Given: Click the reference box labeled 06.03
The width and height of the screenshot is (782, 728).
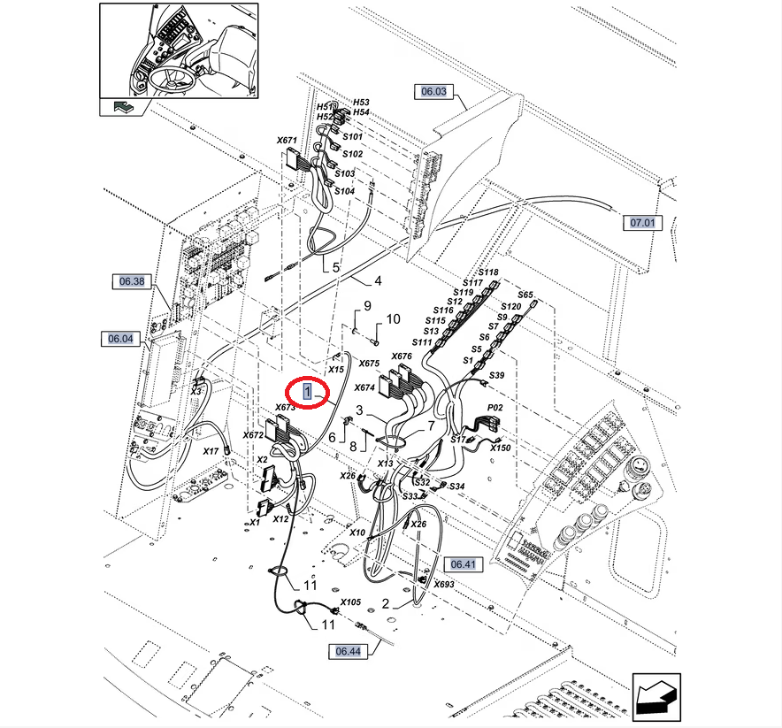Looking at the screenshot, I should click(433, 91).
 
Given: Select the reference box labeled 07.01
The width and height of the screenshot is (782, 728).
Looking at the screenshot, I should click(643, 222).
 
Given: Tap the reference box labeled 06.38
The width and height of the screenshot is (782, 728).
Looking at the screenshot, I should click(132, 282).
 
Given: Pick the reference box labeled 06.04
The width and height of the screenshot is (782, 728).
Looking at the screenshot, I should click(119, 338).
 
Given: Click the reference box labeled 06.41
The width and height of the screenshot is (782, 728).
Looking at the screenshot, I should click(464, 563).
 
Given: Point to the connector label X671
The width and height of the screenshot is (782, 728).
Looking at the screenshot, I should click(287, 141).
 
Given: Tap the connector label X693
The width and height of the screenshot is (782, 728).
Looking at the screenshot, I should click(444, 585).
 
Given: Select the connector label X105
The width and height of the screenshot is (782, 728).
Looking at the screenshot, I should click(351, 602).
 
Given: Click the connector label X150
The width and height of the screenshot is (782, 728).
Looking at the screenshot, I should click(501, 448).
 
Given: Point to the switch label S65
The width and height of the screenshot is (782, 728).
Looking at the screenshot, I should click(525, 295).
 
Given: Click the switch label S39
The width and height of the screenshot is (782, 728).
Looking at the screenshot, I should click(496, 376).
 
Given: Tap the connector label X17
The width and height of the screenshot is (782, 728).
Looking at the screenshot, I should click(211, 451).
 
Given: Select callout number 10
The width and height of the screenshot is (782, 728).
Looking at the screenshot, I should click(393, 318).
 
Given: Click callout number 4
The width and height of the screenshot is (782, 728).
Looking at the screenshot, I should click(378, 281).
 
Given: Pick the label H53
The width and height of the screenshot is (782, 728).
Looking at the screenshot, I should click(361, 103).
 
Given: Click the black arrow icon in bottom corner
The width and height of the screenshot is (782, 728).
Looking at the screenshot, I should click(655, 694).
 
